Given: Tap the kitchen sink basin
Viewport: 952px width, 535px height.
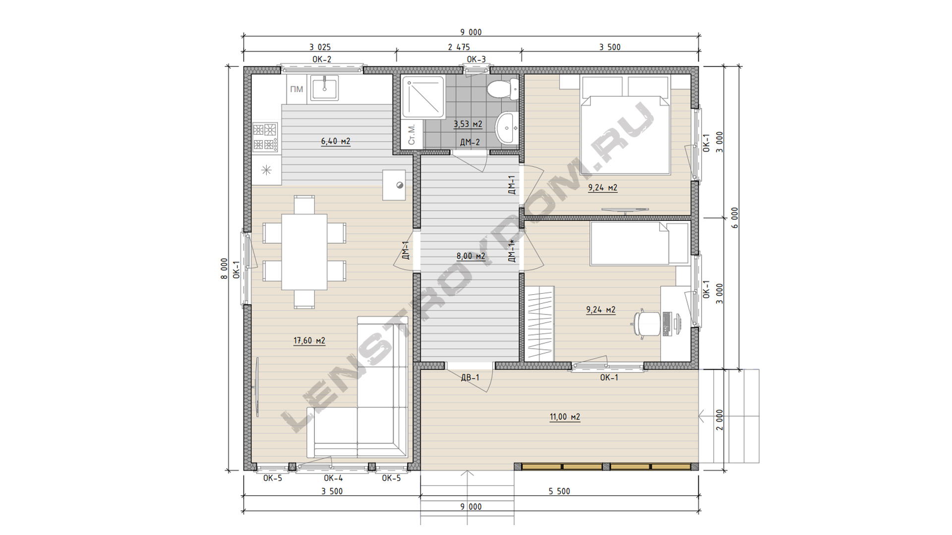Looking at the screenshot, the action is tap(324, 88).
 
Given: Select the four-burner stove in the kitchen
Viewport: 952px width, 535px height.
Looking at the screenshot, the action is tap(265, 137).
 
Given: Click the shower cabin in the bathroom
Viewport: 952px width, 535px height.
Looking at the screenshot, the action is tap(423, 97).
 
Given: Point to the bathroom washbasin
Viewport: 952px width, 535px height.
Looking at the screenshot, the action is tap(507, 127).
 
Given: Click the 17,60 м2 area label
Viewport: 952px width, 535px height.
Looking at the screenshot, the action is tap(309, 341).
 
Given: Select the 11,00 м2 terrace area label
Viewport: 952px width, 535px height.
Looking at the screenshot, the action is tap(565, 417).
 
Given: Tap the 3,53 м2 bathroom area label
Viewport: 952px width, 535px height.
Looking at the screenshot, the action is tap(468, 124).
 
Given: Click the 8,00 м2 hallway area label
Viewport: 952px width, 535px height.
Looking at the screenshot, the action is tap(471, 256).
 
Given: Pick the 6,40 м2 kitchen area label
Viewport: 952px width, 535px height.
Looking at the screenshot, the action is tap(336, 141).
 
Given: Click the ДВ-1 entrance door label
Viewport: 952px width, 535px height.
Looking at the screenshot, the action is tap(470, 377).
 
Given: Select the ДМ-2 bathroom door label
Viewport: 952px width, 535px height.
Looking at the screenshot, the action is tap(470, 142).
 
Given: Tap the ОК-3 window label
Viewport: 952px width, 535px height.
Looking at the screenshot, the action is tap(476, 59).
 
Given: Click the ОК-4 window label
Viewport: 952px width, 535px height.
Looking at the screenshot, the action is tap(333, 478).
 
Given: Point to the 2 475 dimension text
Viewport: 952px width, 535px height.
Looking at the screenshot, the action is tap(459, 47).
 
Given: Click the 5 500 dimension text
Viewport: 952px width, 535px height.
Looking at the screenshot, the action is tap(559, 491).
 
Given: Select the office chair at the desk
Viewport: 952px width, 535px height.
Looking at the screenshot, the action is tap(647, 323).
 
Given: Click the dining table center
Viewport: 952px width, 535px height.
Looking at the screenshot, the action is tap(304, 252).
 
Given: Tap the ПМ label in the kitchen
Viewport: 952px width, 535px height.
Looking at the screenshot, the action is tap(297, 89).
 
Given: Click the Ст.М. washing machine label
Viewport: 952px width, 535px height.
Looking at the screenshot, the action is tap(412, 134).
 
